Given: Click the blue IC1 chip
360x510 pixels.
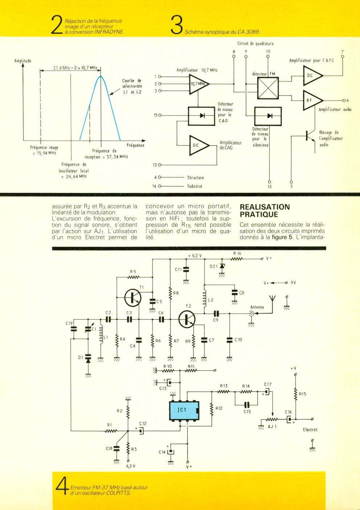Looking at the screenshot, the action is pos(184,410).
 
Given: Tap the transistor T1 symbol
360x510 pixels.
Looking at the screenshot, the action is pos(133,297).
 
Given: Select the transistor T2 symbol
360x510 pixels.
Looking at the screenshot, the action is pos(187,319).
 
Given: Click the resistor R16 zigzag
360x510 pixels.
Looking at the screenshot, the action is pos(237,259).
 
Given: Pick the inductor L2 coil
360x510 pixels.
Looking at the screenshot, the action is pos(204,299).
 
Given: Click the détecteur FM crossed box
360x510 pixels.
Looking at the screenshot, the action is pos(268,88).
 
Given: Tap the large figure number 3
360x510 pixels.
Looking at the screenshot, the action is pos(177,25).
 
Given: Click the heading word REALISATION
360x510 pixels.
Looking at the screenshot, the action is pos(265,207).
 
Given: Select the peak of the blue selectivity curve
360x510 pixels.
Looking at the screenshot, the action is pos(101,76).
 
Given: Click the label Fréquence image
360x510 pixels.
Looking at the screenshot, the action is pos(44,147).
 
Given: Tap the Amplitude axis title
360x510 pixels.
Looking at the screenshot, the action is pos(23,61).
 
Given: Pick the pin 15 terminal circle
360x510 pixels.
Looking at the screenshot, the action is pos(160,116).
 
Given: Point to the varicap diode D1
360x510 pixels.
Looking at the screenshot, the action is pos(88,359).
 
